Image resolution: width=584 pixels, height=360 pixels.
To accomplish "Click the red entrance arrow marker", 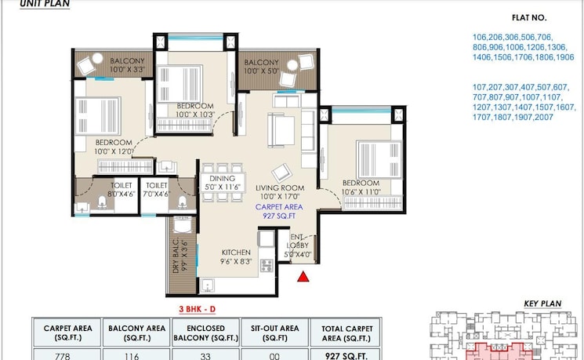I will [x=303, y=275].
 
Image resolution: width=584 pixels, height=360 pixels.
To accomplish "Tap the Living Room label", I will [x=280, y=192].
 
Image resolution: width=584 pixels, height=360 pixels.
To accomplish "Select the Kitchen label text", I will [x=236, y=256].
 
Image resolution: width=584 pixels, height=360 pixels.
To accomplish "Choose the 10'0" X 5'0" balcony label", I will [x=261, y=67].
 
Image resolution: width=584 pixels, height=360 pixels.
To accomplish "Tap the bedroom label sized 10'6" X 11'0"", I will [x=361, y=187].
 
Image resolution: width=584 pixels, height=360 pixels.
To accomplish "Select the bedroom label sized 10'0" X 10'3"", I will [x=195, y=110].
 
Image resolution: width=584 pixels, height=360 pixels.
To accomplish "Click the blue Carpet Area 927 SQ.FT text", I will [x=280, y=209].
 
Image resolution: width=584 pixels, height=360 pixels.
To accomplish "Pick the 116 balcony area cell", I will [x=136, y=354].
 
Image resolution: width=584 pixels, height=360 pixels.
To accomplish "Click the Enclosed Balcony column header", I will [x=206, y=333].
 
